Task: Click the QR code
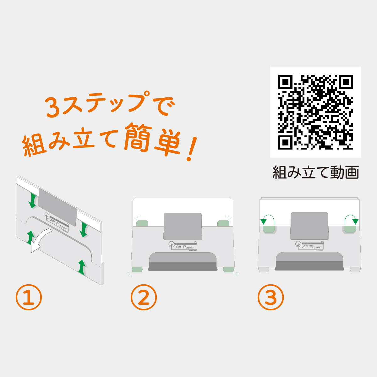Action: tap(315, 112)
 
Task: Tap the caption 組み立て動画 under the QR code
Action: tap(315, 172)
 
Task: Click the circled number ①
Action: tap(29, 297)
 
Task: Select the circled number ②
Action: tap(144, 297)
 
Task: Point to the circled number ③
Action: tap(270, 297)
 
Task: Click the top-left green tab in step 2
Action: tap(142, 223)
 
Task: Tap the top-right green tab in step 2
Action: tap(223, 223)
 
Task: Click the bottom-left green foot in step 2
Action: tap(137, 270)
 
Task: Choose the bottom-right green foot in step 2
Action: tap(228, 270)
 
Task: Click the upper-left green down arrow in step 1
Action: tap(32, 200)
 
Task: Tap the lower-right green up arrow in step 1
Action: tap(82, 267)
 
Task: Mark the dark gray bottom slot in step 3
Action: tap(309, 266)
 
